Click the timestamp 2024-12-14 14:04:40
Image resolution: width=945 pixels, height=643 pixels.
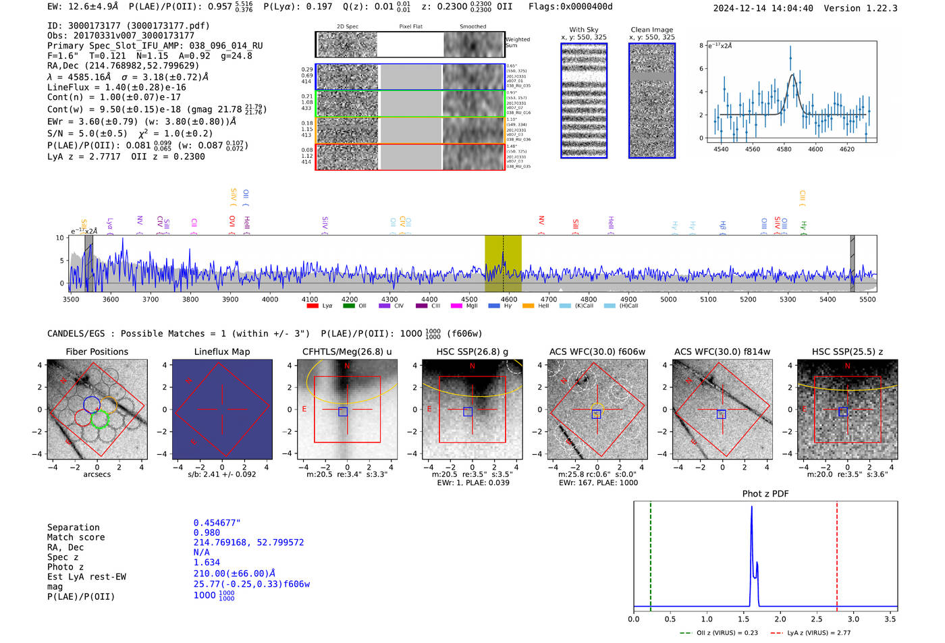[763, 8]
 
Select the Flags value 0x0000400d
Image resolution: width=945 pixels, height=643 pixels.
[570, 7]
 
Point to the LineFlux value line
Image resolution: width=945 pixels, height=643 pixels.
[116, 87]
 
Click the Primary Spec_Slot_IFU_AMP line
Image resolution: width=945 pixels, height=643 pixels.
[155, 46]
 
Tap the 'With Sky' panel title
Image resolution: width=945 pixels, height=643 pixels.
[584, 30]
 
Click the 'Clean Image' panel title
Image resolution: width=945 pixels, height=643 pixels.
[651, 30]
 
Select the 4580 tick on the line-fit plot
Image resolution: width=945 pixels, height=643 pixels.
[784, 149]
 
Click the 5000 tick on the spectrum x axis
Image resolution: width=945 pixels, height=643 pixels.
[668, 300]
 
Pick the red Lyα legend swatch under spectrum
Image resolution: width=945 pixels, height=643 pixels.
[313, 306]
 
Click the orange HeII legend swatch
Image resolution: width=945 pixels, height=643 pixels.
[528, 306]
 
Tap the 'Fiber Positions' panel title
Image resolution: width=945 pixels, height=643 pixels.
[97, 352]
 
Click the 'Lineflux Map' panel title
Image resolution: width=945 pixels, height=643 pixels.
[222, 352]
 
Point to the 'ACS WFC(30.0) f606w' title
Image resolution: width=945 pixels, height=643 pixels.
[597, 352]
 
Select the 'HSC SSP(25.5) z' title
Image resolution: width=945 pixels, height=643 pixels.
[847, 352]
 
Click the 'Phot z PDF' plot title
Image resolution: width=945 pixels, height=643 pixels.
[765, 494]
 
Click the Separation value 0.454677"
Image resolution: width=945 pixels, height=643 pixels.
[217, 523]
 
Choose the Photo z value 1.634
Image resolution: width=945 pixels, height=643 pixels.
[207, 562]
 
